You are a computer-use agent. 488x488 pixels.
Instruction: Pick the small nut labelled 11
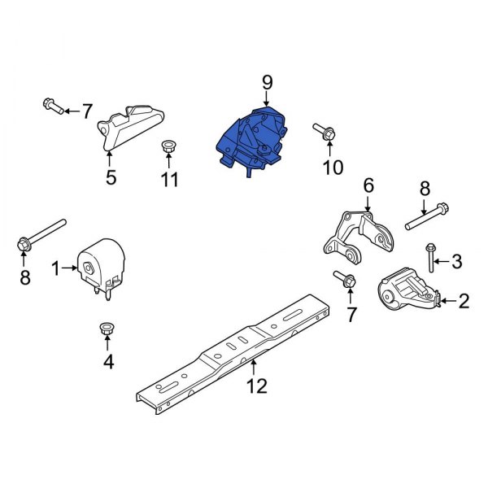coord(168,147)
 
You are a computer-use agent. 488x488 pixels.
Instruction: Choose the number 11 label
coord(168,179)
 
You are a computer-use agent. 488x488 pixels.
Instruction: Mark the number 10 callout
coord(333,168)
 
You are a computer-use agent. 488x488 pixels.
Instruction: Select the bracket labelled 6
coord(358,235)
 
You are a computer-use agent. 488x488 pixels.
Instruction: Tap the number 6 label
coord(368,186)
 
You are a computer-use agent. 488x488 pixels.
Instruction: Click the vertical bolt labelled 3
coord(429,259)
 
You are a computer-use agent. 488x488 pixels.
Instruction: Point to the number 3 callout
coord(456,261)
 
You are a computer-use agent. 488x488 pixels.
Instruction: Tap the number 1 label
coord(56,268)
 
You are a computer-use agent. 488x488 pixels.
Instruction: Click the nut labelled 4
coord(106,329)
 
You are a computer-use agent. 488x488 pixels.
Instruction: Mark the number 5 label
coord(111,176)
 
